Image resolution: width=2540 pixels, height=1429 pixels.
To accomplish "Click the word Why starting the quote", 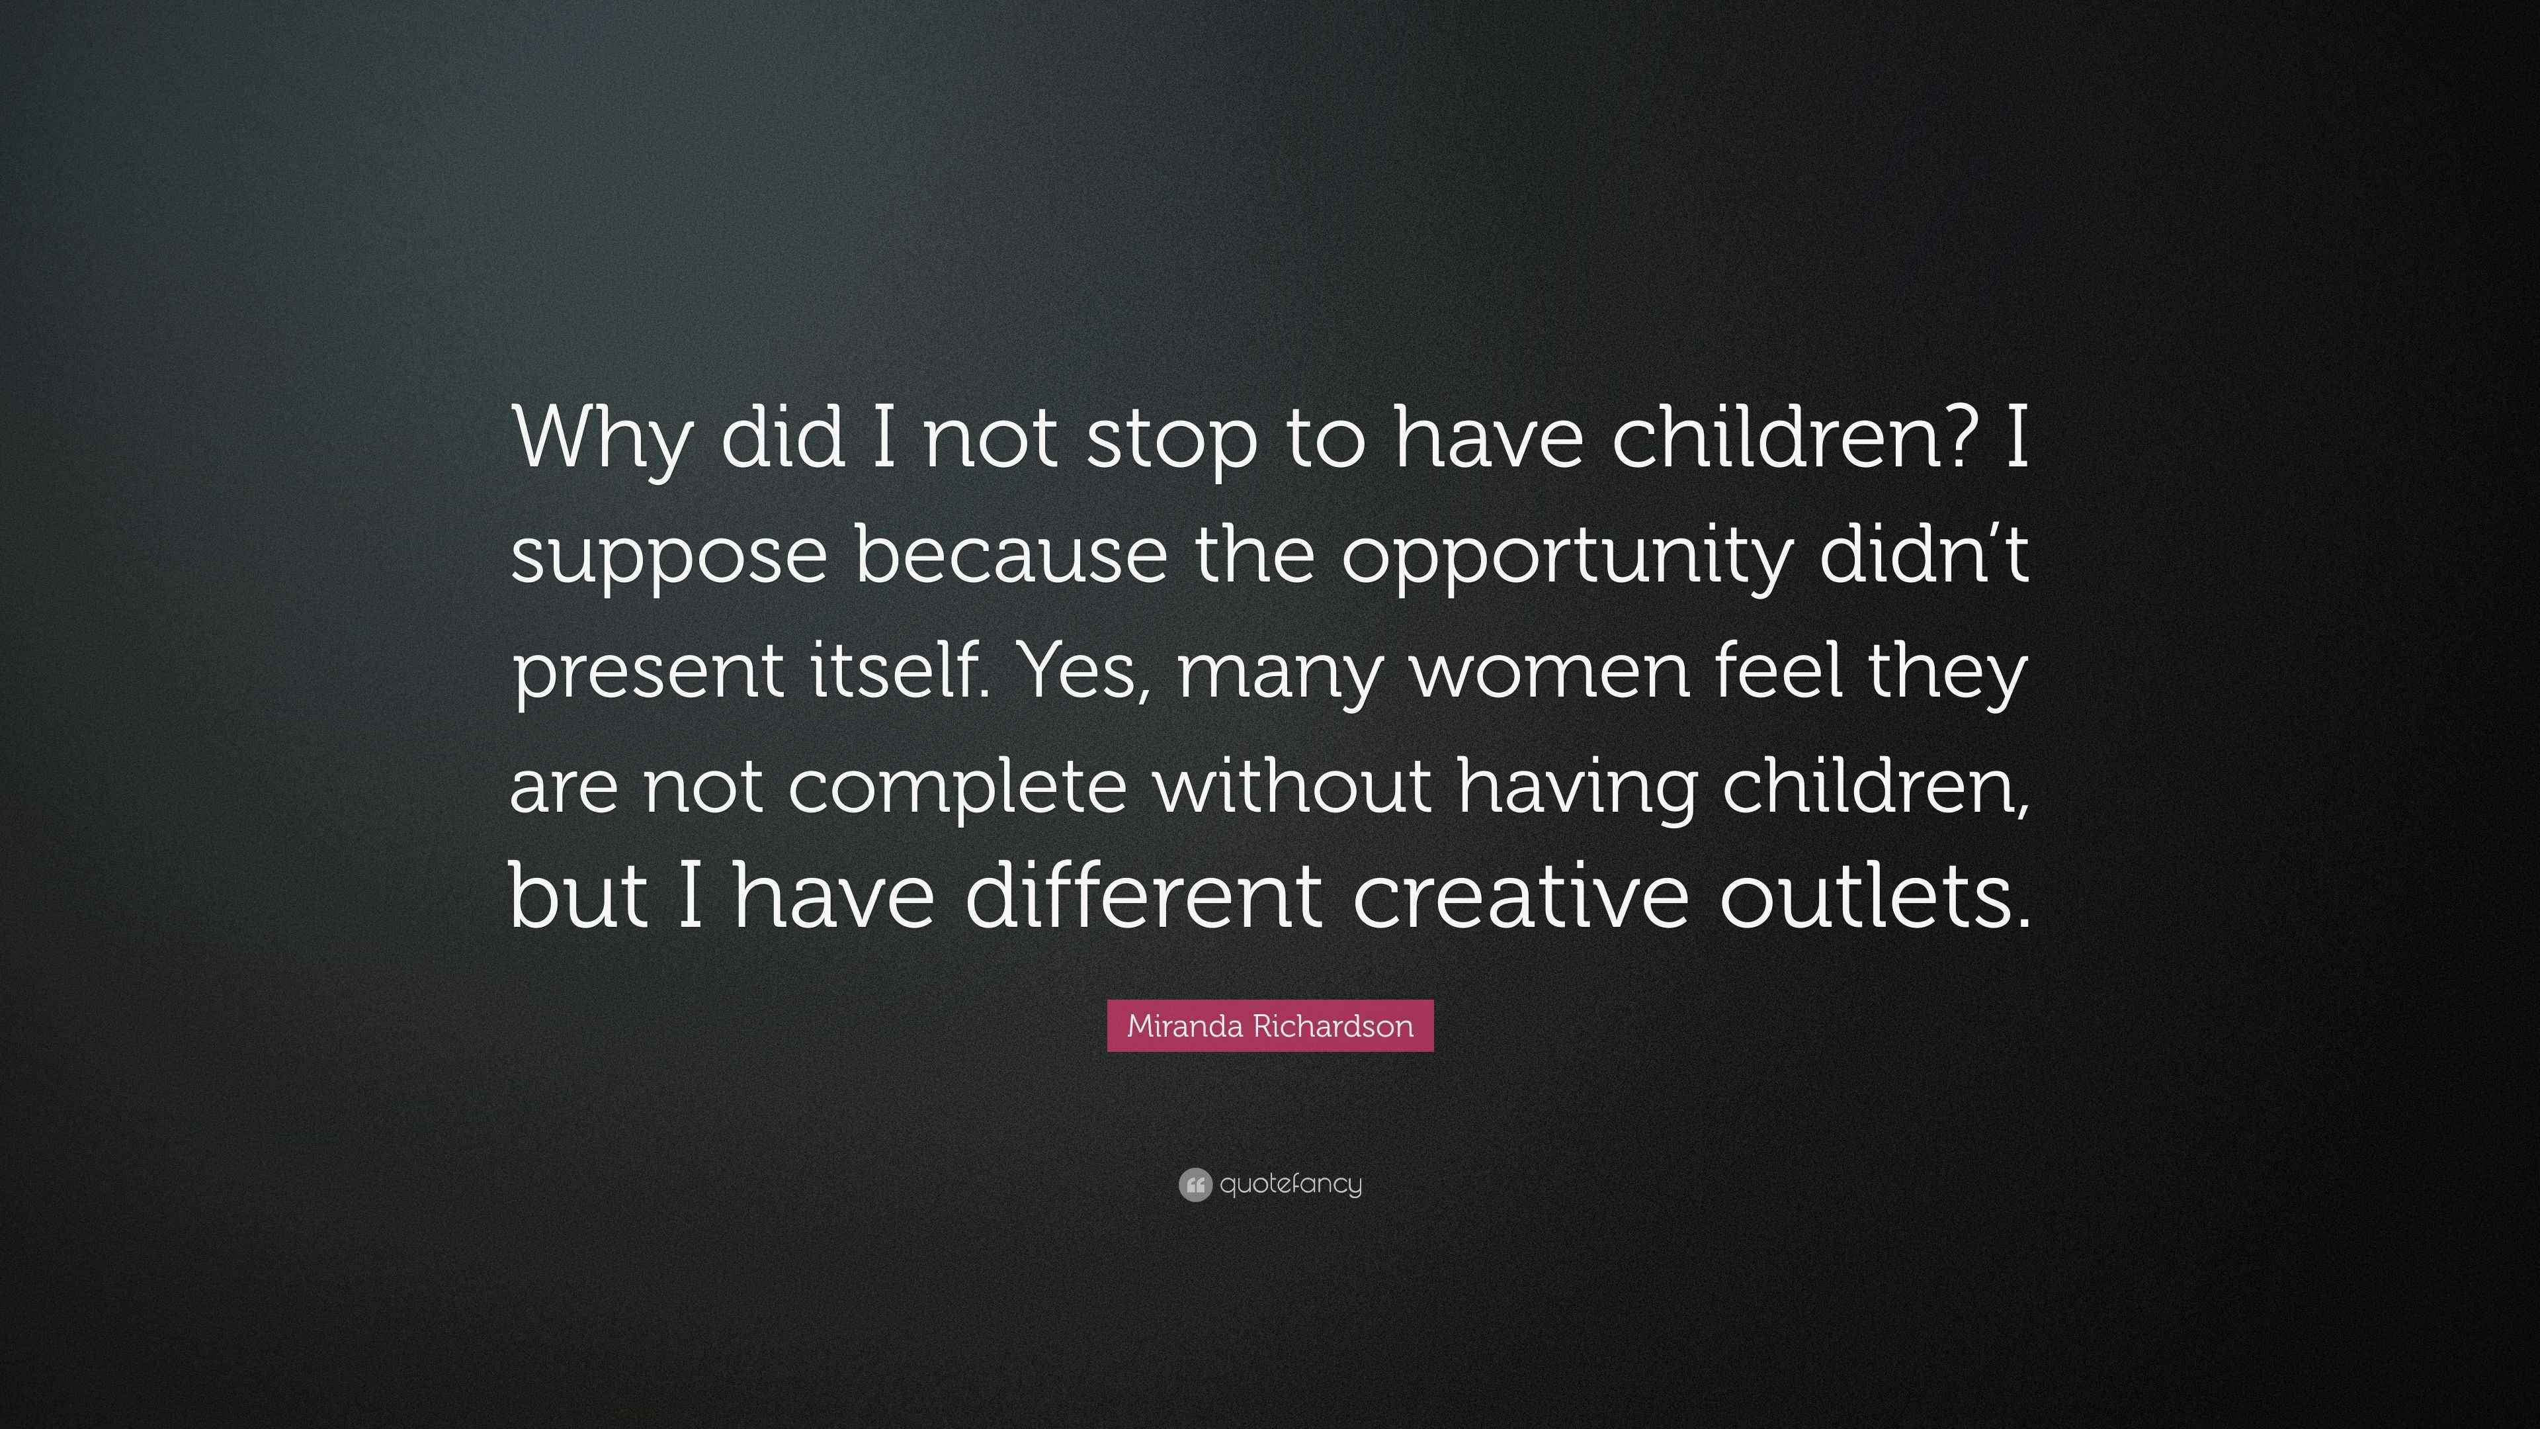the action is pos(601,441).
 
